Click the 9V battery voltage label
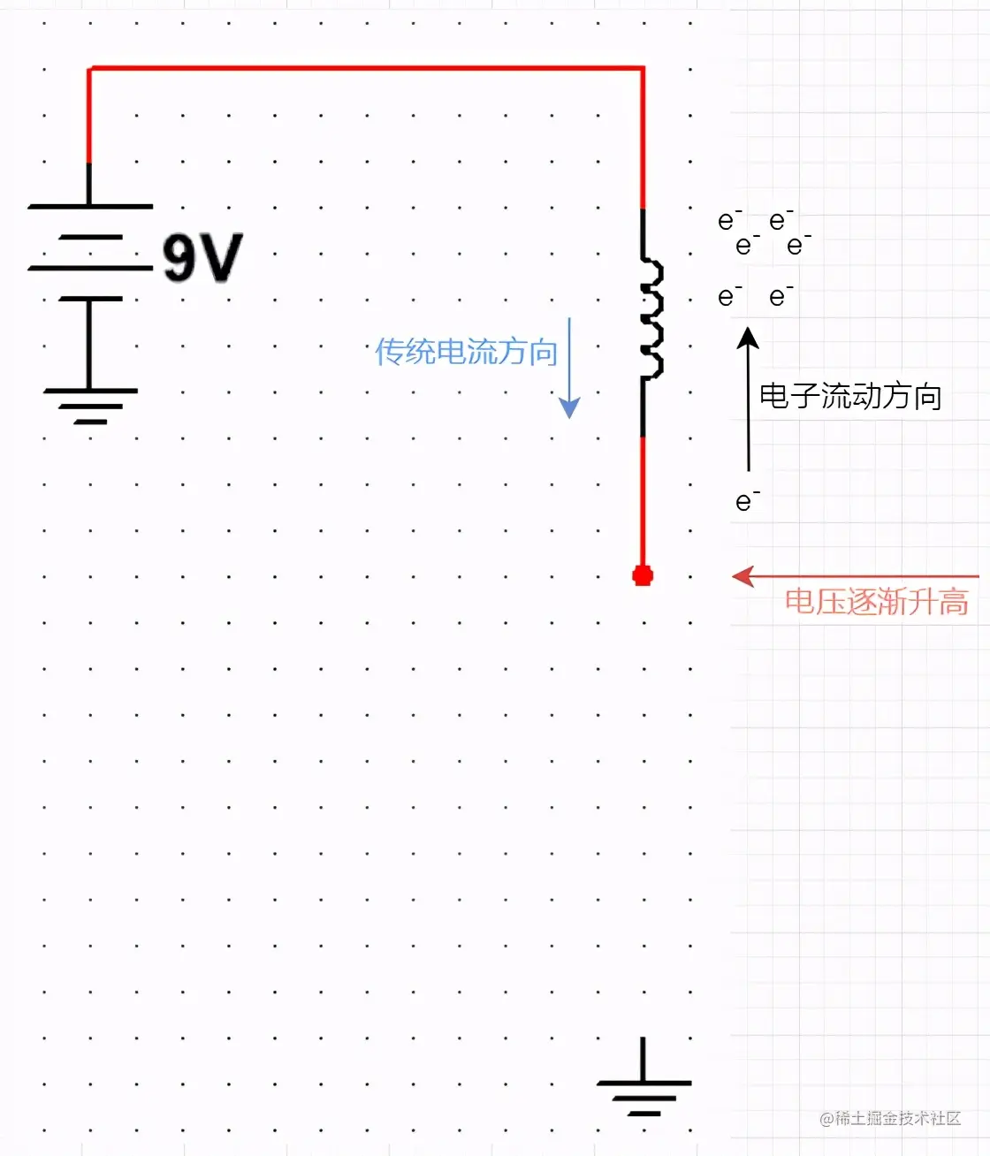click(202, 258)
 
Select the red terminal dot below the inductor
click(643, 576)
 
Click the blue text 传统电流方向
click(466, 352)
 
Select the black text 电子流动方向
click(850, 396)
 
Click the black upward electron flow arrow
click(749, 398)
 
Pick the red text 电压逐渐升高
click(876, 602)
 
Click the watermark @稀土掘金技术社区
click(890, 1119)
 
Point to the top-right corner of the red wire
click(643, 68)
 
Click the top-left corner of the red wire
click(89, 68)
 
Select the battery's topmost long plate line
click(90, 207)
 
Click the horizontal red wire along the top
click(366, 68)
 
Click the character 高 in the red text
click(953, 602)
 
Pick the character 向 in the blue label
click(542, 352)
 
